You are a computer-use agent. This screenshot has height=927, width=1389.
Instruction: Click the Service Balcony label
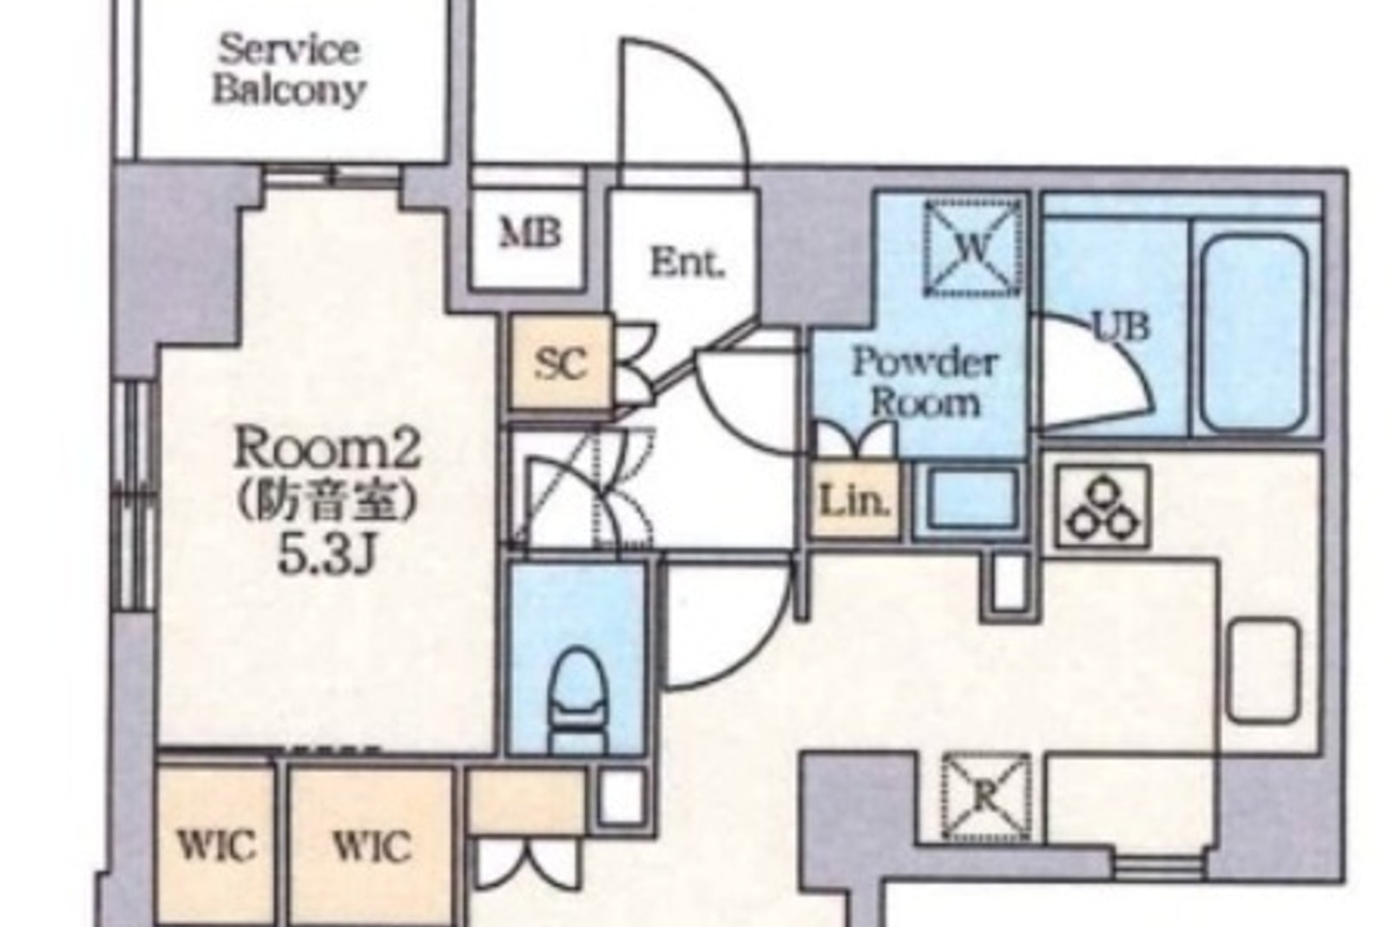pyautogui.click(x=288, y=70)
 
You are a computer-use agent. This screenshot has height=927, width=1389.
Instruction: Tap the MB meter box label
pyautogui.click(x=530, y=234)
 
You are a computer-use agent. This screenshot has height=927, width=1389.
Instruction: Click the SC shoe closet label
pyautogui.click(x=561, y=364)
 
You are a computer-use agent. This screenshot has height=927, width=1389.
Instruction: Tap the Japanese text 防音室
pyautogui.click(x=326, y=501)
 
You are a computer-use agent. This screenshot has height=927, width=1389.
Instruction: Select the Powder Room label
pyautogui.click(x=925, y=381)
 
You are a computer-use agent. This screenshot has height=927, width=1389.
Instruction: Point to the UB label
pyautogui.click(x=1121, y=327)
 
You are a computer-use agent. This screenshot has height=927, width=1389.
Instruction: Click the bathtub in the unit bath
pyautogui.click(x=1254, y=334)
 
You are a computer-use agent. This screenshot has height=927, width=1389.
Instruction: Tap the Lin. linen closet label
pyautogui.click(x=855, y=500)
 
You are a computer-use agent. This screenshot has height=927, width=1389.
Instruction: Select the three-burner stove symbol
pyautogui.click(x=1102, y=507)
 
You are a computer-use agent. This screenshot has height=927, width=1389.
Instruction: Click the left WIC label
pyautogui.click(x=216, y=845)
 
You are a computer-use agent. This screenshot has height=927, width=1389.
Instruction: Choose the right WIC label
pyautogui.click(x=372, y=846)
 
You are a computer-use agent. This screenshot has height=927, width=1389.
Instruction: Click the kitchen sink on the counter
pyautogui.click(x=1264, y=671)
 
